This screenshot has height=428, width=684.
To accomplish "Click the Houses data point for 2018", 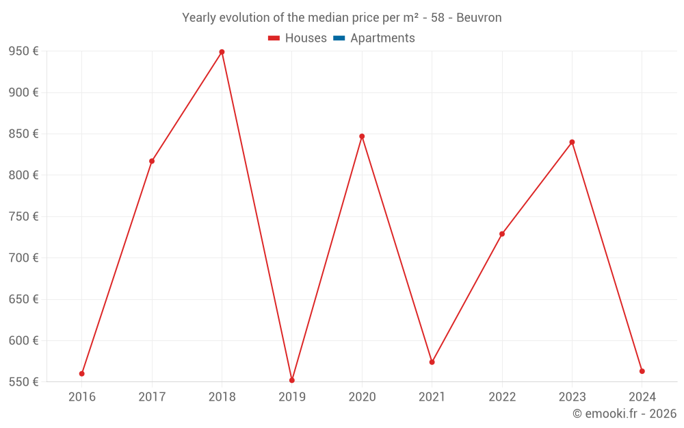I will [x=222, y=52].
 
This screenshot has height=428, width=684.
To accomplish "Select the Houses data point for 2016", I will [x=82, y=374].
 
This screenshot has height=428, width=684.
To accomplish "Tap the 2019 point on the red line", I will [x=292, y=380].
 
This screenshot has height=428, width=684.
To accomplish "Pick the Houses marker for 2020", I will [x=362, y=136].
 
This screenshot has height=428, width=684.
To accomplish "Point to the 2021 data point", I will [x=432, y=362].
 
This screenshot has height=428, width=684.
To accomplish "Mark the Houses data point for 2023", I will [x=572, y=142].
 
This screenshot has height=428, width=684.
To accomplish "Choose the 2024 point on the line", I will [x=642, y=371].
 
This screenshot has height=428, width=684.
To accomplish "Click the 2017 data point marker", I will [x=152, y=161].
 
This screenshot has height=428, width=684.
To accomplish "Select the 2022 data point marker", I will [x=502, y=234].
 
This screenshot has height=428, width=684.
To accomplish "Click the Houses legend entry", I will [x=298, y=38].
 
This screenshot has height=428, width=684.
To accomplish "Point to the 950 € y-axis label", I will [x=23, y=51].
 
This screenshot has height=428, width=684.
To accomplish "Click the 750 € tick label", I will [x=23, y=216].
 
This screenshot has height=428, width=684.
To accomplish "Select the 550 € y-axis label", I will [x=23, y=381].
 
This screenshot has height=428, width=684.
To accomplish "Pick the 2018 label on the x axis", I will [x=222, y=397].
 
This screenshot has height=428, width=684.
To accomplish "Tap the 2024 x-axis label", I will [x=642, y=397].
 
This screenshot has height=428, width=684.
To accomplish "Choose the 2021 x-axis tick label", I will [x=432, y=397].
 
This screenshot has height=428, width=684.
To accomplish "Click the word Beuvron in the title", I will [x=479, y=18].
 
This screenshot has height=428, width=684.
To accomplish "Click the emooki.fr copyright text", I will [x=624, y=414].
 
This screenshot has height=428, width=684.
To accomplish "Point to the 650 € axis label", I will [x=23, y=299].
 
